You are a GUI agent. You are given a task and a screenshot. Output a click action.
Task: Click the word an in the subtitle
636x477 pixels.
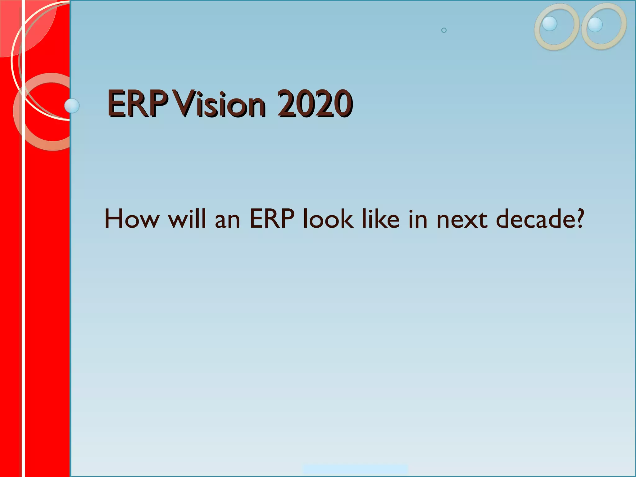pyautogui.click(x=227, y=220)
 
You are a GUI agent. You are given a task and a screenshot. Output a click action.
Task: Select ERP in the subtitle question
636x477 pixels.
pyautogui.click(x=272, y=219)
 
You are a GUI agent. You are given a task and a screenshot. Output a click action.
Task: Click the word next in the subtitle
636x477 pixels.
pyautogui.click(x=462, y=220)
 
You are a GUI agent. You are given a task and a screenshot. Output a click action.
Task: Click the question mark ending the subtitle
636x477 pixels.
pyautogui.click(x=579, y=219)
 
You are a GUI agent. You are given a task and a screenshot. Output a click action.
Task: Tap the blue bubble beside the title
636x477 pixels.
pyautogui.click(x=72, y=106)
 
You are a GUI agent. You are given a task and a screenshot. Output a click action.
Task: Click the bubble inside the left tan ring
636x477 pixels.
pyautogui.click(x=549, y=24)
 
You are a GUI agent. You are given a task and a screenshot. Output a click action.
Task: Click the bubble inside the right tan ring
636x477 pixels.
pyautogui.click(x=595, y=25)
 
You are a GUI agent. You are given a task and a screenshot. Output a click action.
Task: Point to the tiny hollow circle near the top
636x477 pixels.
pyautogui.click(x=444, y=30)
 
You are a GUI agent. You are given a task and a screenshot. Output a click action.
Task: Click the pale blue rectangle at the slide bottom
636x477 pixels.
pyautogui.click(x=355, y=469)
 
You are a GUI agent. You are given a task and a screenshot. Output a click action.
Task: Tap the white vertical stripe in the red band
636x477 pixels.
pyautogui.click(x=23, y=279)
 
